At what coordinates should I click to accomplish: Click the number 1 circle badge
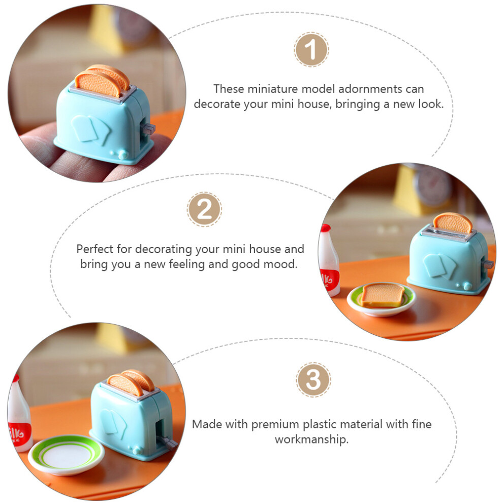pyautogui.click(x=311, y=49)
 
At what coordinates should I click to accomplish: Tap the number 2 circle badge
pyautogui.click(x=204, y=209)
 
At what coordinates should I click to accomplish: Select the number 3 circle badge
pyautogui.click(x=313, y=380)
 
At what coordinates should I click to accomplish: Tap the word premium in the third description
pyautogui.click(x=275, y=424)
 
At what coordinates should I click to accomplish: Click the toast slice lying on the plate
pyautogui.click(x=382, y=295)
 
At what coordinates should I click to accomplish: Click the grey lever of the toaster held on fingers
pyautogui.click(x=148, y=129)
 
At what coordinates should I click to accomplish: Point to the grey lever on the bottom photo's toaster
pyautogui.click(x=167, y=443)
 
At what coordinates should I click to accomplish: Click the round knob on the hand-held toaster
pyautogui.click(x=123, y=155)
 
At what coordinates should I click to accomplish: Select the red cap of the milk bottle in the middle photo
pyautogui.click(x=326, y=228)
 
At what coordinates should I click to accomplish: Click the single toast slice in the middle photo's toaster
pyautogui.click(x=453, y=224)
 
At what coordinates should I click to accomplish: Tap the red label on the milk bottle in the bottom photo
pyautogui.click(x=20, y=434)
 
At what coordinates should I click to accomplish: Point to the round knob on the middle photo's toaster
pyautogui.click(x=467, y=286)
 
